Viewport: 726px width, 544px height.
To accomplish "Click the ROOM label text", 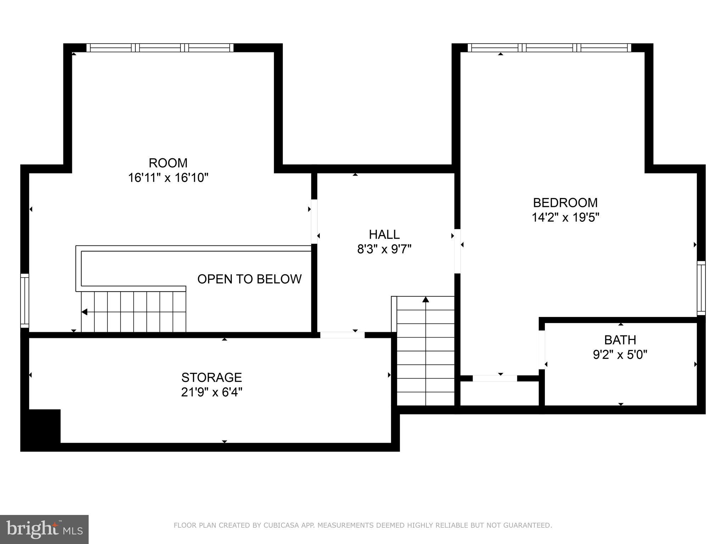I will [168, 163].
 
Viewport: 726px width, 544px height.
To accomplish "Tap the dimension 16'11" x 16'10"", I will [168, 177].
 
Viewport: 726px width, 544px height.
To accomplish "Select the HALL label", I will [384, 234].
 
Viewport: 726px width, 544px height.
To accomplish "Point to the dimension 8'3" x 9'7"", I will [384, 249].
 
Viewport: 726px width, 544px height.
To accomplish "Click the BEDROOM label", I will [565, 203].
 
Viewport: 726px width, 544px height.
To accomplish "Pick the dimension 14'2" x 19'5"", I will [565, 217].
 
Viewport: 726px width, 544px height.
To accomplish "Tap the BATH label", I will [620, 340].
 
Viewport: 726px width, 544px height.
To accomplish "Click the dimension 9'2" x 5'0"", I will [620, 355].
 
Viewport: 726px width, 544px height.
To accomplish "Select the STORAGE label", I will [212, 378].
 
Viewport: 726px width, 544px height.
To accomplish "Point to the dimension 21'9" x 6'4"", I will [212, 392].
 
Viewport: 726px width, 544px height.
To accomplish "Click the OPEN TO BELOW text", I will [249, 279].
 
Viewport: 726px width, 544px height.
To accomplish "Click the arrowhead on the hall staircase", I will [426, 300].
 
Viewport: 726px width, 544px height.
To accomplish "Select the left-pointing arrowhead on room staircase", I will [84, 312].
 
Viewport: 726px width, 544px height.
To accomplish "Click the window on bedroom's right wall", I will [701, 288].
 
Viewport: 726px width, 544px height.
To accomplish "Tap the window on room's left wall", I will [24, 301].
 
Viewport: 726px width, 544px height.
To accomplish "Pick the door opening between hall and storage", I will [342, 335].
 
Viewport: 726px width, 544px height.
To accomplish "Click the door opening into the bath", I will [542, 350].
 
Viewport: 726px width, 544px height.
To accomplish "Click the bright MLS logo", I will [44, 529].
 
